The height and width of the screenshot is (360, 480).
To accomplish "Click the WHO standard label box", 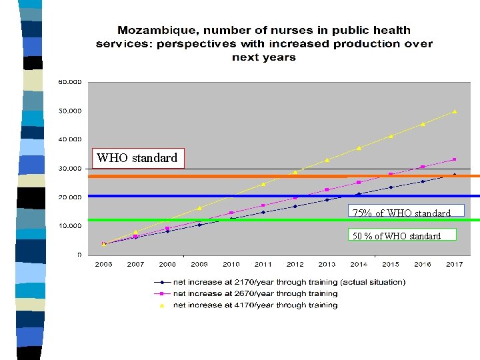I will [x=137, y=158].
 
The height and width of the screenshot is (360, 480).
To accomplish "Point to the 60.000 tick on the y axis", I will [x=70, y=82].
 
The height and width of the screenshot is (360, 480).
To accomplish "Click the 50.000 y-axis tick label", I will [x=70, y=111].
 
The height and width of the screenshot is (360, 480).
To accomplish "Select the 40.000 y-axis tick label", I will [x=70, y=139].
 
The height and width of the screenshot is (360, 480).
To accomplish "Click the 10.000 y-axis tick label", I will [x=70, y=226].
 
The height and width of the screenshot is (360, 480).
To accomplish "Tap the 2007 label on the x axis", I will [x=135, y=265].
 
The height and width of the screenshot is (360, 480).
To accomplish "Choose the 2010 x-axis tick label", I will [x=231, y=265].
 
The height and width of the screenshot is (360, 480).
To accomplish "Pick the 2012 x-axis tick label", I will [x=295, y=265].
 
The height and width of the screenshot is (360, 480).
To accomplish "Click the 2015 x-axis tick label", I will [x=391, y=265].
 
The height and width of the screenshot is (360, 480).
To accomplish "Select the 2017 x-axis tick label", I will [x=454, y=265].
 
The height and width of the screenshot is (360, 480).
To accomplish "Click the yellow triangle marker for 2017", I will [x=455, y=111].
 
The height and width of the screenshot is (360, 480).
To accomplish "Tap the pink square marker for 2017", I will [x=455, y=159].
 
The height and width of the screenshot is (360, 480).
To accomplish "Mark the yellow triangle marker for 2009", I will [x=199, y=208].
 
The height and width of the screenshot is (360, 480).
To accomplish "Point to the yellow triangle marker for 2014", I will [x=359, y=148].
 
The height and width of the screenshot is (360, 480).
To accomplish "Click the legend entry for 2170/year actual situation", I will [x=280, y=282].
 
